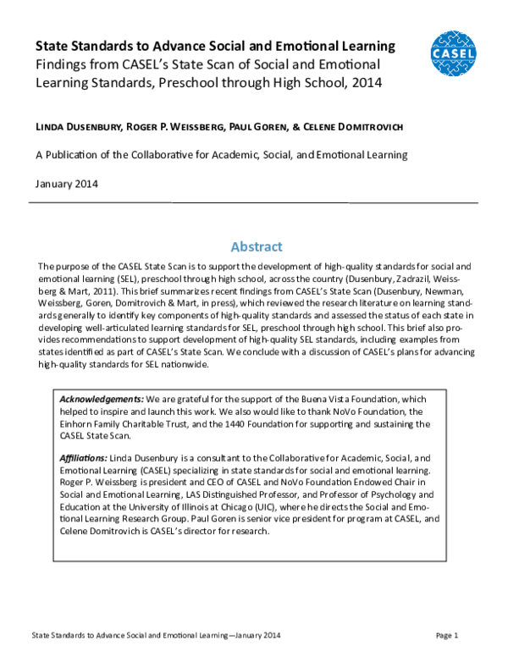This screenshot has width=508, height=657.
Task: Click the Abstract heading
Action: (257, 246)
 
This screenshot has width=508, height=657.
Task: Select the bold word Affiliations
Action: (83, 457)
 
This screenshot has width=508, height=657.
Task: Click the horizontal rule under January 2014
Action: (257, 202)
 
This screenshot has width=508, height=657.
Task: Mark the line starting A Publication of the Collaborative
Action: (222, 155)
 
